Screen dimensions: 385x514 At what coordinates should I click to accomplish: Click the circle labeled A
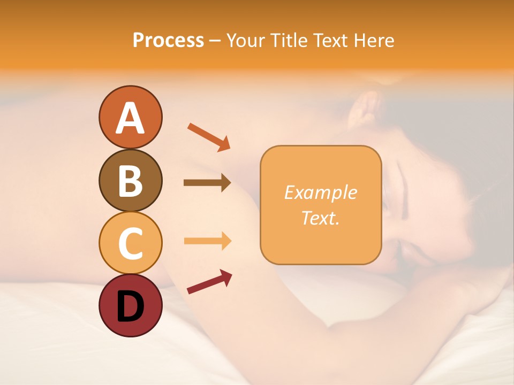(130, 117)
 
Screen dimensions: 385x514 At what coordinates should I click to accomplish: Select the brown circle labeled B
(130, 180)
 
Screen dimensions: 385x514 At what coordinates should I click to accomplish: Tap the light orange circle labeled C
(130, 243)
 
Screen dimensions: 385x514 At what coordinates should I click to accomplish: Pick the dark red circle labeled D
(130, 305)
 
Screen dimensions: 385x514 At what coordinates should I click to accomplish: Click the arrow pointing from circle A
(209, 136)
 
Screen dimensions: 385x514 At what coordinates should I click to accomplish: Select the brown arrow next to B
(207, 183)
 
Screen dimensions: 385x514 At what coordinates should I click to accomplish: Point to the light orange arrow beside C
(207, 241)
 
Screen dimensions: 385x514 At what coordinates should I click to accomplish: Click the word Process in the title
(168, 40)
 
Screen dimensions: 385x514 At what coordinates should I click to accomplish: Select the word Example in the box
(320, 192)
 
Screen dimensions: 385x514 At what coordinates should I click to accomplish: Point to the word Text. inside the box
(320, 218)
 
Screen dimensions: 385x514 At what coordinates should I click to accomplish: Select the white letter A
(130, 118)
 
